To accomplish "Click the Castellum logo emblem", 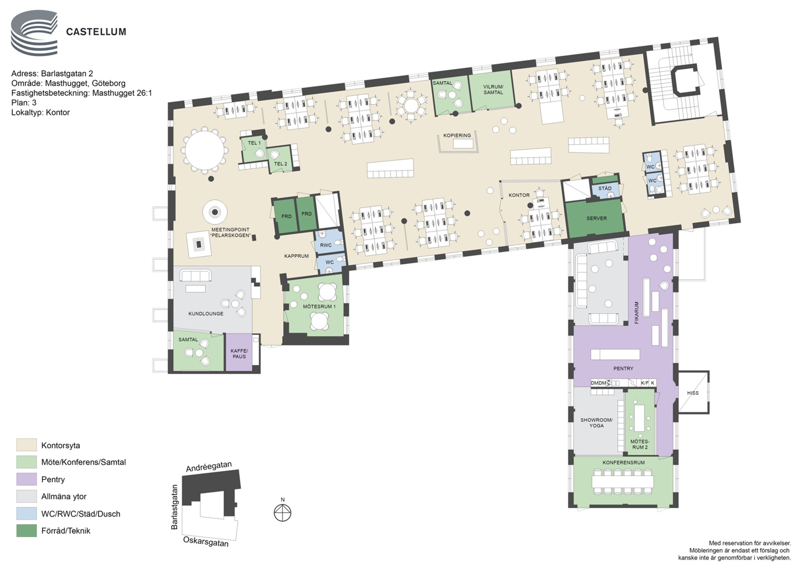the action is (x=34, y=33).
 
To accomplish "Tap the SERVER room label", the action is (x=597, y=218).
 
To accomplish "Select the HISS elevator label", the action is (x=693, y=393).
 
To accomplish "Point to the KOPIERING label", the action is (x=457, y=135).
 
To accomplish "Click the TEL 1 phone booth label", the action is (x=254, y=143).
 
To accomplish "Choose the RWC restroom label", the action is (x=326, y=245).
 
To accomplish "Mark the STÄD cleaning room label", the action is (x=605, y=188).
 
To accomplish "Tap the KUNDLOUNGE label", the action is (x=206, y=314).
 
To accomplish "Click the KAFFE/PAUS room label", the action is (x=239, y=354).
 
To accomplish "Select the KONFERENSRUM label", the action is (x=624, y=462).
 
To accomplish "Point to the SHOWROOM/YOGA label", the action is (x=597, y=423).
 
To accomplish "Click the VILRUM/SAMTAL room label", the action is (x=493, y=90).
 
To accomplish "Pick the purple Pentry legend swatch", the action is (x=26, y=479).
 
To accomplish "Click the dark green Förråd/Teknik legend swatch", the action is (x=26, y=531).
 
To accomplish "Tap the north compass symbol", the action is (x=283, y=513).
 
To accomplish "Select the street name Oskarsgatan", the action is (x=206, y=542).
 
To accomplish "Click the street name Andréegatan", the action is (x=209, y=467).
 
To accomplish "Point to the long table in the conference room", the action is (x=623, y=482).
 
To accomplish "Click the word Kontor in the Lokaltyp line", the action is (x=58, y=112).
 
